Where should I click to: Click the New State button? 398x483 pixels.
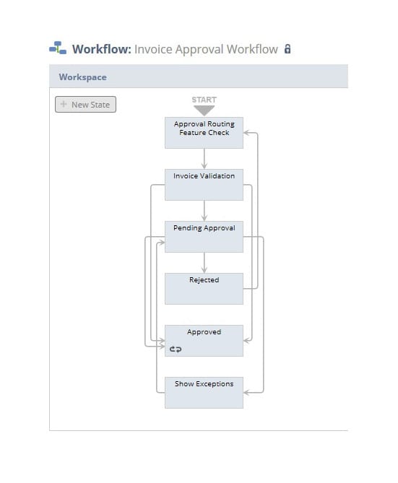coord(85,105)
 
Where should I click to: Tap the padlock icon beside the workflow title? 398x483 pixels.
coord(287,49)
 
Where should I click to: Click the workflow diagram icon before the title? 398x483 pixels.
coord(58,48)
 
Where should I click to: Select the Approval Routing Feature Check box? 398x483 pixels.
coord(204,133)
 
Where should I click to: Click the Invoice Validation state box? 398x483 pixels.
coord(204,185)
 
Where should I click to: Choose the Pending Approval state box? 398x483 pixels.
coord(204,237)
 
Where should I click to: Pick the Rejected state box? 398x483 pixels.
coord(204,289)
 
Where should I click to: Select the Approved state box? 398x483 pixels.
coord(204,341)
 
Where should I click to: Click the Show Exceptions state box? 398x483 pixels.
coord(204,393)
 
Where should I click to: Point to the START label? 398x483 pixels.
coord(204,100)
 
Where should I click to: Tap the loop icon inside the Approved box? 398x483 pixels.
coord(176,349)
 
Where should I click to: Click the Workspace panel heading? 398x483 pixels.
coord(82,77)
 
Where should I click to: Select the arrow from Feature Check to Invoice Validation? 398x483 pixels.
coord(204,159)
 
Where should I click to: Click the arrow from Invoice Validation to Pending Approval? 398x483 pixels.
coord(204,211)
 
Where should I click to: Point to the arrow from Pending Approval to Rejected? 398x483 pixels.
coord(204,263)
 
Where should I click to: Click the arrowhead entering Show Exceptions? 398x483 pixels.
coord(246,393)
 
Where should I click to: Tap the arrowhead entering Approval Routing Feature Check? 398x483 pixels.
coord(246,133)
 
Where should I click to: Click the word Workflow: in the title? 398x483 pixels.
coord(102,49)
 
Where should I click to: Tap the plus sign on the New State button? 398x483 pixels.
coord(64,104)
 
